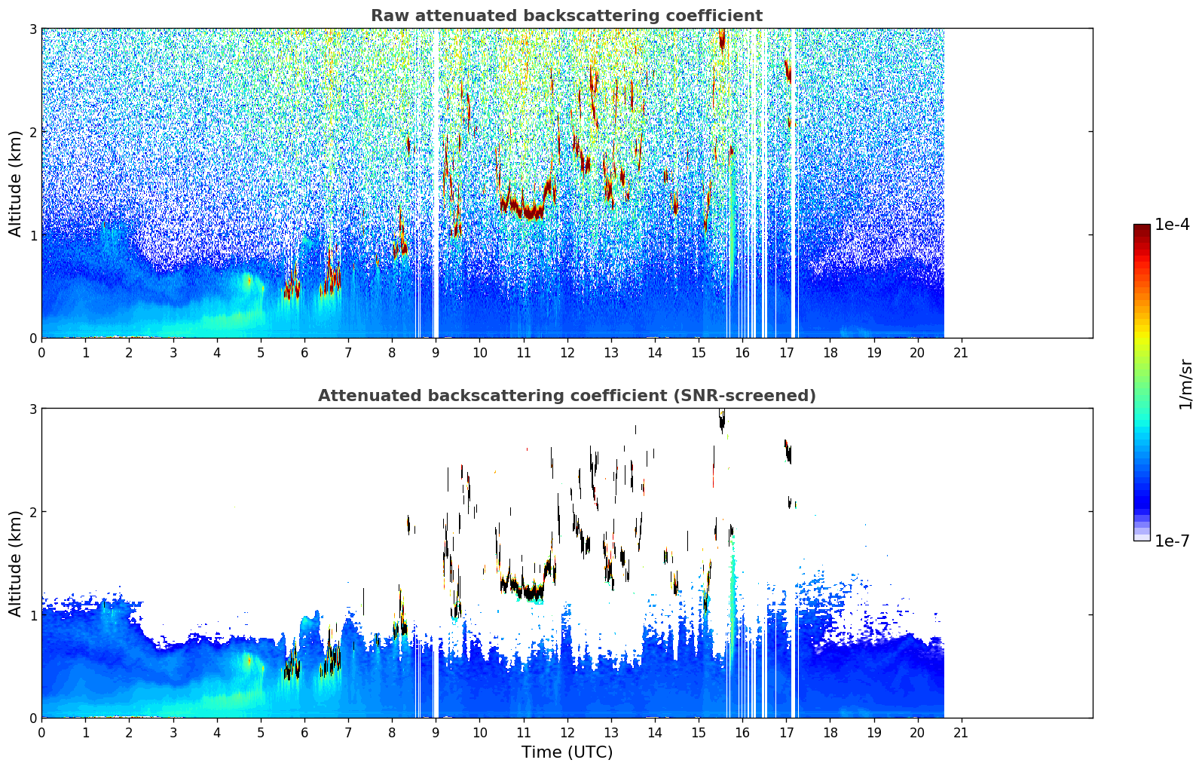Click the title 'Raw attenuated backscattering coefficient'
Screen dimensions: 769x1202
coord(566,16)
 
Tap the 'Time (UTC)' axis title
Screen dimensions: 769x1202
coord(567,752)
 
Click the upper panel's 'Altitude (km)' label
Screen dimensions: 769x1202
coord(15,183)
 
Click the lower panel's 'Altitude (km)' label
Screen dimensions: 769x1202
coord(15,563)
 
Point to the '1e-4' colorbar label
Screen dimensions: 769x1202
coord(1172,225)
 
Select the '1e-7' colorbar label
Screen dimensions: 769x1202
coord(1172,541)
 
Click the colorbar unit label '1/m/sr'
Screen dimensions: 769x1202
coord(1185,384)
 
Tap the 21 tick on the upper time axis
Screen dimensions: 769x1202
coord(961,352)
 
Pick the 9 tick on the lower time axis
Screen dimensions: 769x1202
coord(436,732)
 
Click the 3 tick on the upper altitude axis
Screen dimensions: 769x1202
coord(32,29)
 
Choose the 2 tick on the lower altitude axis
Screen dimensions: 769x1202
coord(32,512)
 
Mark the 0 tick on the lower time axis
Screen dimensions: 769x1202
coord(41,732)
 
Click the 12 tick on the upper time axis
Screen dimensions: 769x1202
coord(567,352)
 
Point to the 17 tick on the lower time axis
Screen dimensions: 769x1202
coord(786,732)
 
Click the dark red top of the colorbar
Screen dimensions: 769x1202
coord(1142,228)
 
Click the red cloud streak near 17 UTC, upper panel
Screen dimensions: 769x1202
coord(788,71)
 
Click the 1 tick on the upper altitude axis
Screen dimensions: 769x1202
coord(32,235)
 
